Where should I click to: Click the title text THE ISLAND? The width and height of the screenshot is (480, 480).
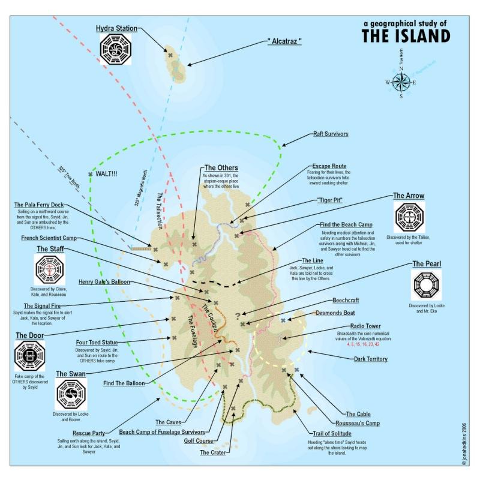[x=405, y=35]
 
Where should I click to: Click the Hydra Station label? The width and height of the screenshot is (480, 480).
[x=117, y=28]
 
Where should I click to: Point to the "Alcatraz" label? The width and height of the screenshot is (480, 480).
[x=284, y=42]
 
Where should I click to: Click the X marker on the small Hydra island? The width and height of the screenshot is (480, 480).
[x=171, y=55]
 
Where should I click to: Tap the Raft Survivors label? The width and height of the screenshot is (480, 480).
[x=331, y=134]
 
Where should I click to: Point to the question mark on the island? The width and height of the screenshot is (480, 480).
[x=238, y=315]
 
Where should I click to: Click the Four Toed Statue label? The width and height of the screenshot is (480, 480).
[x=100, y=343]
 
